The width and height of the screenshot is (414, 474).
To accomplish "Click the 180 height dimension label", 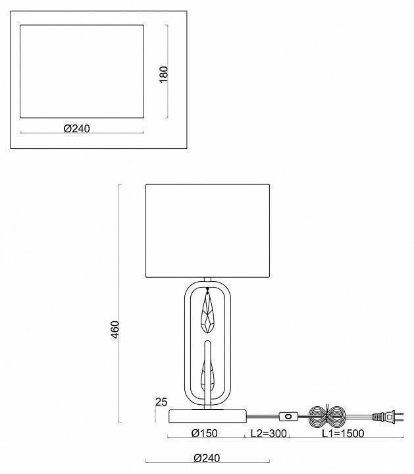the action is [163, 74].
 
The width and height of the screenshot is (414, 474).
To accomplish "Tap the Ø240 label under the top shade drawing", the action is [77, 128].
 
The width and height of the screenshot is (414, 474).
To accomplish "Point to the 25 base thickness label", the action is [161, 402].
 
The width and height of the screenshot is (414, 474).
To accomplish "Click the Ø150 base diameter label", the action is [204, 433].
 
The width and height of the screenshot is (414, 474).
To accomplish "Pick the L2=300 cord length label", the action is [269, 433].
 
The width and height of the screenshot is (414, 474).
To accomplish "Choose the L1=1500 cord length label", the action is [343, 433].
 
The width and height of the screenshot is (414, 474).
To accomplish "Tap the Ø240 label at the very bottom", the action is [207, 458].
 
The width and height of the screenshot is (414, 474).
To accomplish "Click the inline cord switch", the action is [288, 416].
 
